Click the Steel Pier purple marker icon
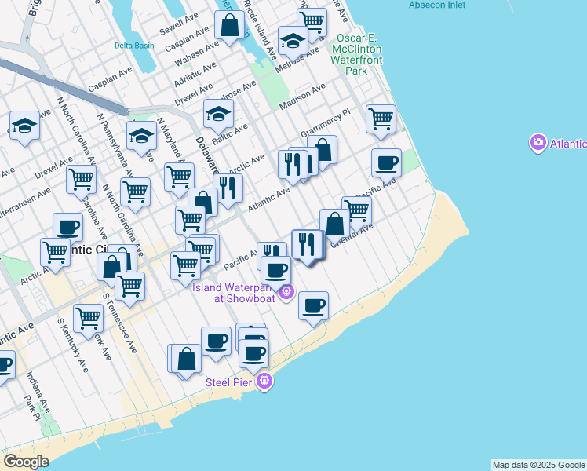click(x=265, y=382)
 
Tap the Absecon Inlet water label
click(x=436, y=5)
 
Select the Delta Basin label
click(x=134, y=46)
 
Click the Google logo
click(x=26, y=461)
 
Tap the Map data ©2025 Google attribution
click(x=538, y=465)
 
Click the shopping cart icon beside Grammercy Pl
click(x=381, y=119)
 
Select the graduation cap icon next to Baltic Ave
click(x=218, y=114)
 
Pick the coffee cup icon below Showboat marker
click(x=313, y=305)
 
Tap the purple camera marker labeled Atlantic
click(x=538, y=143)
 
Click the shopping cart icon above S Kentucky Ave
click(x=88, y=318)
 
